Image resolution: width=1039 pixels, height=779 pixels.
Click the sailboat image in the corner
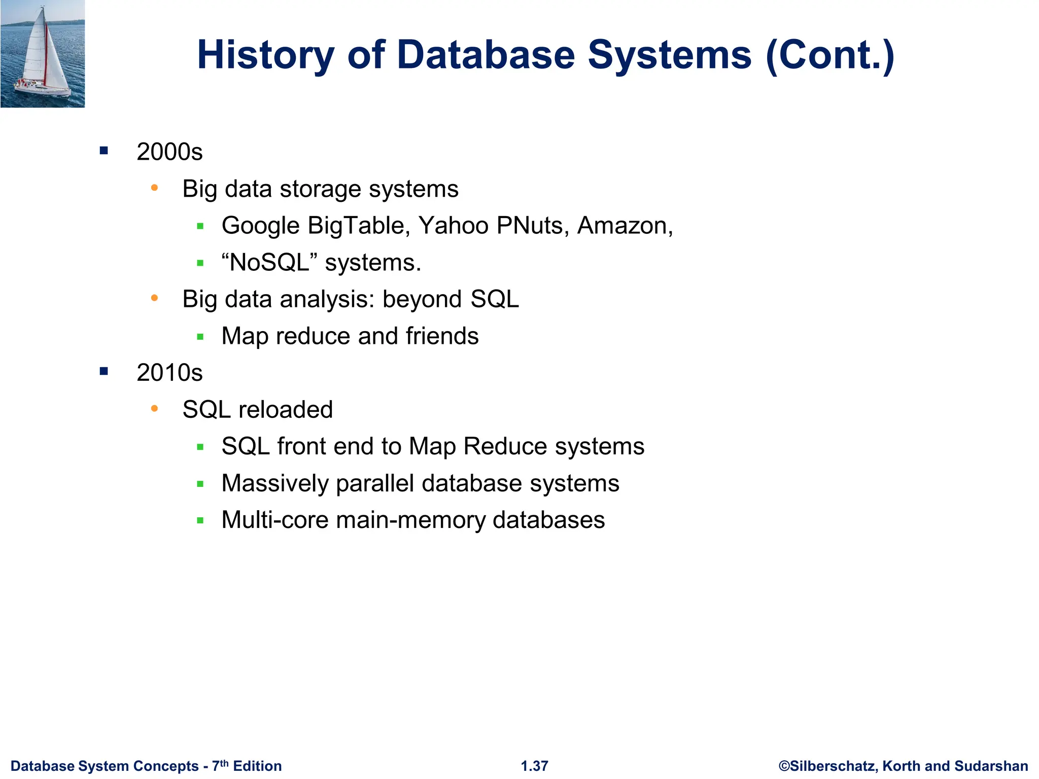[43, 54]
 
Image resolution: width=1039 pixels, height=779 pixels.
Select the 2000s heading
[169, 152]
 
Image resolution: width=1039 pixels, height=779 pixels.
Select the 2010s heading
[169, 373]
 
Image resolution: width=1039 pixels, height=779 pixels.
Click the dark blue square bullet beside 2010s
[104, 372]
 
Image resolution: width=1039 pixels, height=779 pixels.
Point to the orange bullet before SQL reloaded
[155, 408]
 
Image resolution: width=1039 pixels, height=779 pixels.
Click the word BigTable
[359, 225]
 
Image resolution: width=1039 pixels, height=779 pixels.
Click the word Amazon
[622, 225]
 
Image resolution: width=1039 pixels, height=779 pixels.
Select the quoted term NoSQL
[269, 262]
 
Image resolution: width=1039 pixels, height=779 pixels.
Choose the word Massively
[275, 483]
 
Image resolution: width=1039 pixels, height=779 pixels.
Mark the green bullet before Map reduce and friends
[200, 336]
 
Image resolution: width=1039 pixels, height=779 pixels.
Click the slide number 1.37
[534, 766]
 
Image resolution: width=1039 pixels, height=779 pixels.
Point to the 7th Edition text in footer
[247, 766]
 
